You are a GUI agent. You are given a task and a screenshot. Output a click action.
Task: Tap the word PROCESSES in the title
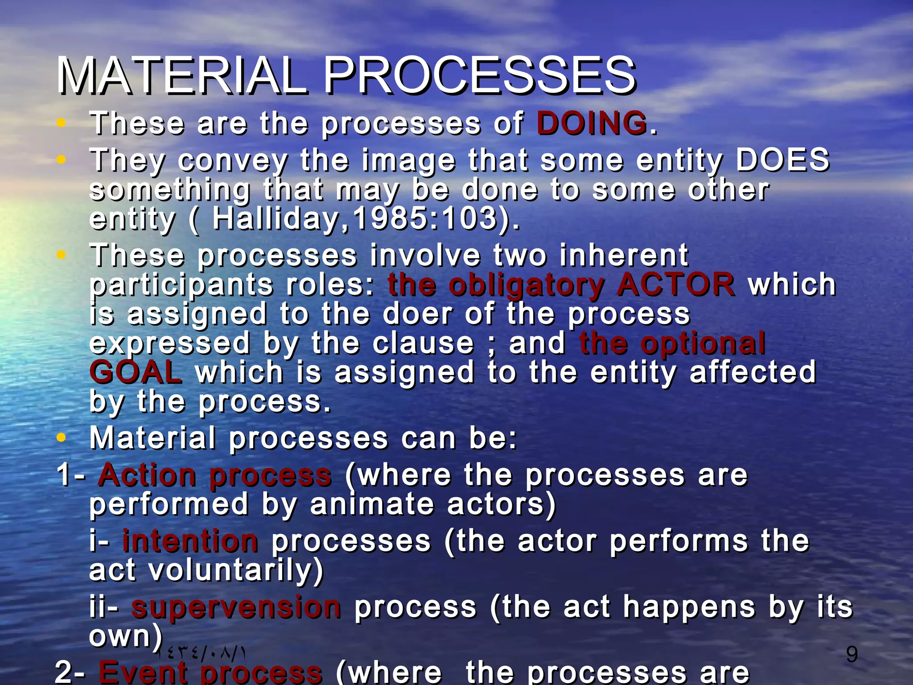click(x=479, y=76)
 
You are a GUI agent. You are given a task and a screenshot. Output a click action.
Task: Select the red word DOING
click(x=592, y=123)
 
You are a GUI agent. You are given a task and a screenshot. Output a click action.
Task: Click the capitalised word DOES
click(x=782, y=160)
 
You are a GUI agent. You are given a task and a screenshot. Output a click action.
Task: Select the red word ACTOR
click(x=676, y=285)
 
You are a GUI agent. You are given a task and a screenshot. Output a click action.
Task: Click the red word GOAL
click(x=136, y=372)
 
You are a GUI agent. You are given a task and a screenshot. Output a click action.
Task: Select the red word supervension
click(x=236, y=607)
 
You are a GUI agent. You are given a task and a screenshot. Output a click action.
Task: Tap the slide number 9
click(x=851, y=654)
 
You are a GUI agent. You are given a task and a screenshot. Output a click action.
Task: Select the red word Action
click(x=147, y=475)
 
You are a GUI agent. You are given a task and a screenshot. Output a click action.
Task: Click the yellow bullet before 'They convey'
click(x=62, y=159)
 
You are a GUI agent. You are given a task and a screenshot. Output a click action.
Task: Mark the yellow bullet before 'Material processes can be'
click(x=62, y=437)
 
